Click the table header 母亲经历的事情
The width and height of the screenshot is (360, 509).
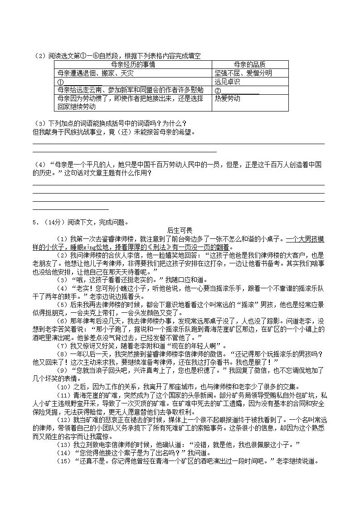tap(133, 65)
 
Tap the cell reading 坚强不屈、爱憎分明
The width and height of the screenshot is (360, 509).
tap(243, 73)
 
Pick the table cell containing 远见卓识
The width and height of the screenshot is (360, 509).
tap(227, 82)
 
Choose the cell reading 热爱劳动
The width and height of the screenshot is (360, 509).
tap(227, 98)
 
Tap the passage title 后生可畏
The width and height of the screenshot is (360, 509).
tap(180, 231)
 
